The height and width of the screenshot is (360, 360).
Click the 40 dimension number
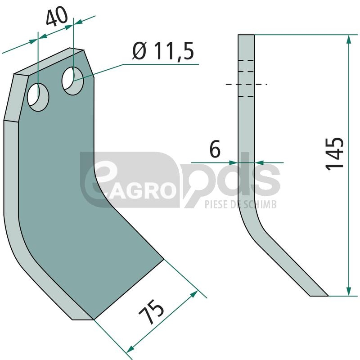(57, 16)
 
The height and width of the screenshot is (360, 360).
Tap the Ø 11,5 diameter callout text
(163, 51)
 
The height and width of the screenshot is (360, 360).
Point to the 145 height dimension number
(334, 154)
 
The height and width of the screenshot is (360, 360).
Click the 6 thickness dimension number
(215, 149)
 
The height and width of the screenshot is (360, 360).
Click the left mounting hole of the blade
(38, 97)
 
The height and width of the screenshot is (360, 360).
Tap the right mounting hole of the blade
(72, 81)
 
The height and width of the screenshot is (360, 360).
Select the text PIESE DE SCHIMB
(241, 204)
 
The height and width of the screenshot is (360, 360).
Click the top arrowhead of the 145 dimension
(349, 39)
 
